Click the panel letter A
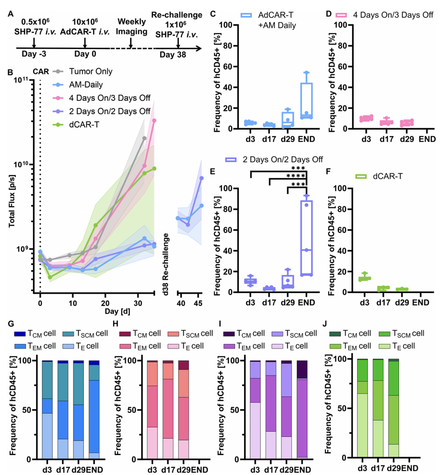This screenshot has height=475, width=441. [x=11, y=14]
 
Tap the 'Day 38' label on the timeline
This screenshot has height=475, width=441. [x=173, y=55]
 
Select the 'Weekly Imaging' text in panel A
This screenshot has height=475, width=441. [x=131, y=27]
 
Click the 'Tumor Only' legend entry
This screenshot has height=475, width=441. [x=91, y=71]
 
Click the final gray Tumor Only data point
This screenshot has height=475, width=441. [x=144, y=138]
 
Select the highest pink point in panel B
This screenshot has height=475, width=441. [x=154, y=120]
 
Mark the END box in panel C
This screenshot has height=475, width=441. [x=306, y=100]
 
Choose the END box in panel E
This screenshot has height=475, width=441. [x=306, y=237]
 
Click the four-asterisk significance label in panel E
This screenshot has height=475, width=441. [x=296, y=176]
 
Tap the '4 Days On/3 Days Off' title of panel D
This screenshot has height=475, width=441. [x=393, y=15]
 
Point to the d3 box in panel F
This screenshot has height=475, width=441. [x=364, y=278]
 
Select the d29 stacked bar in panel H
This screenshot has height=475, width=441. [x=184, y=410]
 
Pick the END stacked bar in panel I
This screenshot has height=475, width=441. [x=302, y=410]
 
